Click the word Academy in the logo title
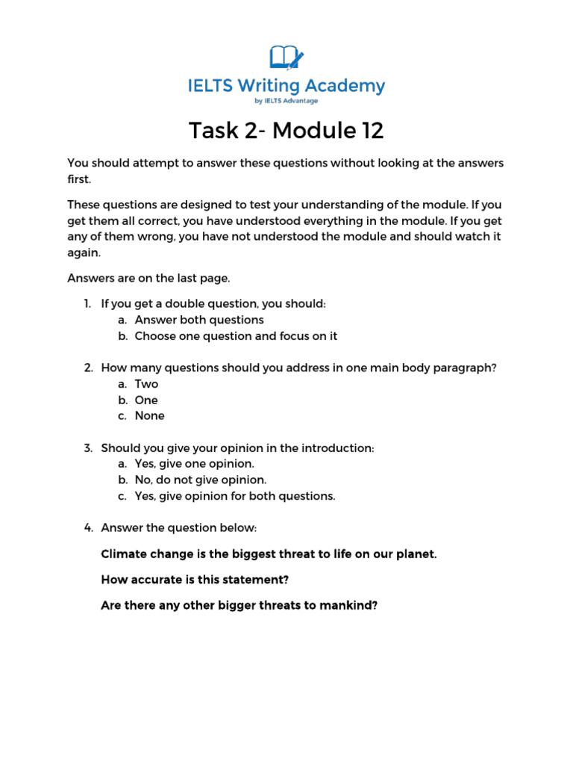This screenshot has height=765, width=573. (x=346, y=86)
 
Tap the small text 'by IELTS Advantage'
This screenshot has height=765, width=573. (x=286, y=101)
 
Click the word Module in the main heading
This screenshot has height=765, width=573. (x=312, y=131)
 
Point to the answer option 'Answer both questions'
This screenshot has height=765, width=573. (x=199, y=320)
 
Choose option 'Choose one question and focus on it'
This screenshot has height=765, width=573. (x=236, y=336)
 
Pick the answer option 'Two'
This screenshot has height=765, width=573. (x=146, y=384)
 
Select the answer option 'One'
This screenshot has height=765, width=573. (x=146, y=400)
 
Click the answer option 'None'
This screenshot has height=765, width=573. (x=149, y=415)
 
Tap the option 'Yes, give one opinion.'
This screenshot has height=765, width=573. (x=194, y=464)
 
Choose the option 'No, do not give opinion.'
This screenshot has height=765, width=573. (x=200, y=480)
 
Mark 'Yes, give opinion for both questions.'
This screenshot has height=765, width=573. (x=235, y=496)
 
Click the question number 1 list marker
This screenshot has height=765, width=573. (x=87, y=304)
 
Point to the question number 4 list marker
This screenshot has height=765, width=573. (x=87, y=528)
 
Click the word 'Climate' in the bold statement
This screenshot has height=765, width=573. (x=123, y=555)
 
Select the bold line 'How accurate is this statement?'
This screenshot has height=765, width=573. (x=195, y=580)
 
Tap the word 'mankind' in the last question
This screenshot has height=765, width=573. (x=348, y=605)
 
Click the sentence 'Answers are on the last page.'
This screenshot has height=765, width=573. (x=149, y=279)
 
